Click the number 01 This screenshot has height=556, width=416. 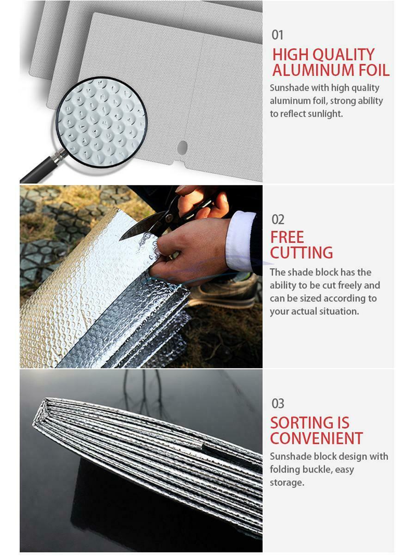[277, 35]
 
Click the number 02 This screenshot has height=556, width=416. [278, 219]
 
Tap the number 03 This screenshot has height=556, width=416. [278, 403]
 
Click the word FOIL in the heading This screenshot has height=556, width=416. [374, 70]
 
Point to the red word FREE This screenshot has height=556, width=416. [287, 237]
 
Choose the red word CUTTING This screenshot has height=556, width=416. [301, 253]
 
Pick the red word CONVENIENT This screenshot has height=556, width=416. [316, 438]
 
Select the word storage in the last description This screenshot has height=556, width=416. [287, 482]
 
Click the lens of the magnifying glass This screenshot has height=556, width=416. [102, 122]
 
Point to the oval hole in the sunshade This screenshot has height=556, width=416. [182, 148]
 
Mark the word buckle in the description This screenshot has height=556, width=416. [316, 470]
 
